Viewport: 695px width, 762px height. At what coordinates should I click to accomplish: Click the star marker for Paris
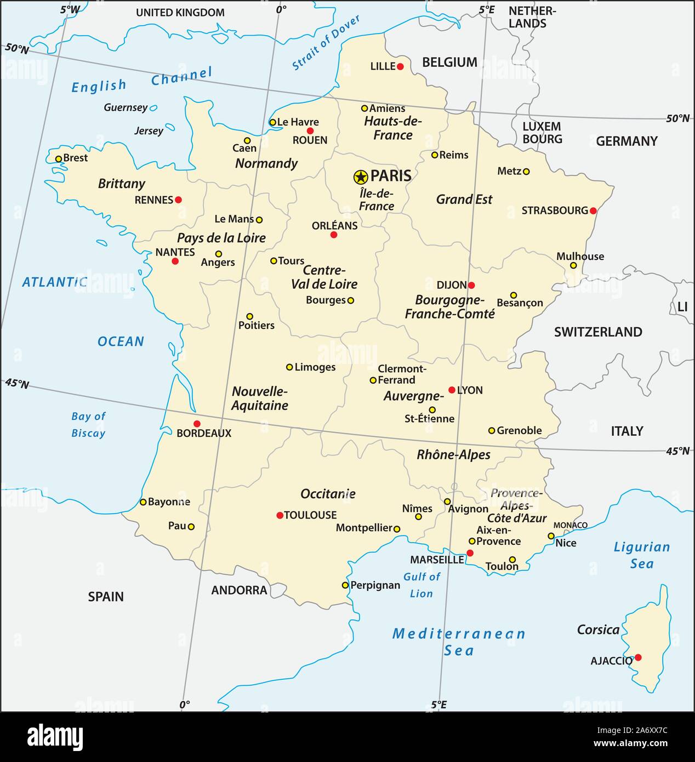360,177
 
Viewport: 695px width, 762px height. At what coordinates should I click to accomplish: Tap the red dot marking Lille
400,66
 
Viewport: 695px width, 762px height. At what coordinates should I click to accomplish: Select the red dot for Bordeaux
197,424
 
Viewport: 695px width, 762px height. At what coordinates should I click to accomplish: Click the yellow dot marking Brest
59,159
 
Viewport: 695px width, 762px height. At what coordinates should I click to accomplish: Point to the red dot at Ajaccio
637,657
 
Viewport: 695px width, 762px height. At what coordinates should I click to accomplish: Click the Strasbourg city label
554,211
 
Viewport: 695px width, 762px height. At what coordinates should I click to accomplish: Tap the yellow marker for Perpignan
345,585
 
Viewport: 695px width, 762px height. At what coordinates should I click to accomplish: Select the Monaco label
570,525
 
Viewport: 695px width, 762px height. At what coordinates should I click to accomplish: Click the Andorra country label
239,590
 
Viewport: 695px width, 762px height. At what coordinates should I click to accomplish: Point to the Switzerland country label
597,332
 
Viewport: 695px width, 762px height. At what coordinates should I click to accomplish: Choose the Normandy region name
266,163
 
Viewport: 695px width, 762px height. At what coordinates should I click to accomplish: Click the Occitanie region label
328,494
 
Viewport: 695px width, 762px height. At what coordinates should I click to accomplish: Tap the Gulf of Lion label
421,585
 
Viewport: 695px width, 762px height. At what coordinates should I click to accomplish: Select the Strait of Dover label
326,43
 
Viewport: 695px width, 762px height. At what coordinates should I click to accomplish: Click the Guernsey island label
126,107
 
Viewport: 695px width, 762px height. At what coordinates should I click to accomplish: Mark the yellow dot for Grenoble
492,431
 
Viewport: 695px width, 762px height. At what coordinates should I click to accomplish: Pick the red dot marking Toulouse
280,515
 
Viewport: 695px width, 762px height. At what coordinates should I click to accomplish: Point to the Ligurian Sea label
641,555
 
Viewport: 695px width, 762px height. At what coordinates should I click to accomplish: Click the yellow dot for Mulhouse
573,265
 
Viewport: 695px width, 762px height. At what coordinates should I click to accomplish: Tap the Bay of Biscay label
88,425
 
